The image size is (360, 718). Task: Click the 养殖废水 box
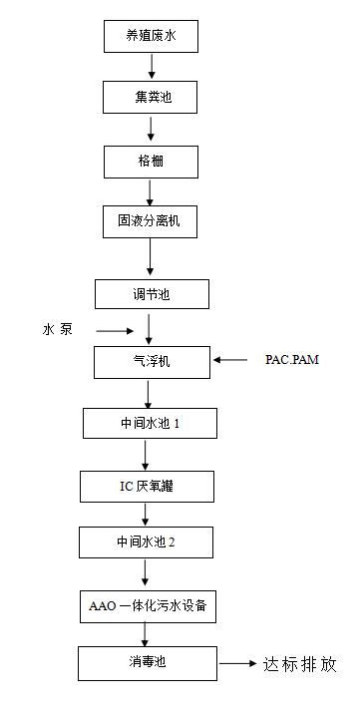coord(152,37)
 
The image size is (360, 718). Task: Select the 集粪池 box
coord(152,98)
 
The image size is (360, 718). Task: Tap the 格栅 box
coord(152,160)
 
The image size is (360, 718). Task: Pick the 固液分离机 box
coord(152,221)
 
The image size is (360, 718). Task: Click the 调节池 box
coord(152,294)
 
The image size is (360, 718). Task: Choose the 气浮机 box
coord(152,361)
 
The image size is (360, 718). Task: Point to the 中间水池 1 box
coord(150,424)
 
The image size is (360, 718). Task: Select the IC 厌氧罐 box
coord(147,487)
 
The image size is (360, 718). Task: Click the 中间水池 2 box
coord(147,543)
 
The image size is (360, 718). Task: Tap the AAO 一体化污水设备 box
coord(147,604)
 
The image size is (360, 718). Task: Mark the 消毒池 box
coord(147,662)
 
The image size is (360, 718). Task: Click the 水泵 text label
coord(57,330)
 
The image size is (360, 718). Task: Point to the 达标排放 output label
coord(300,663)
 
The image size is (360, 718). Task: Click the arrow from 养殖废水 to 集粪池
coord(152,67)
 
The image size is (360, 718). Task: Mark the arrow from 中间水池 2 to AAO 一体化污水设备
coord(147,573)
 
